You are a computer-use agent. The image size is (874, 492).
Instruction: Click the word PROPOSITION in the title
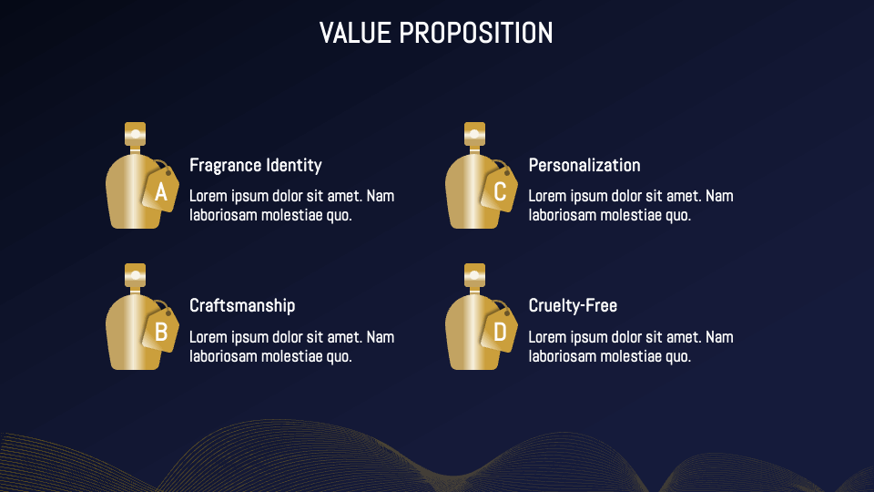476,34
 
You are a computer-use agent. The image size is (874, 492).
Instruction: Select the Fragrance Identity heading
255,165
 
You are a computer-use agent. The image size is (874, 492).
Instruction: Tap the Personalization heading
584,165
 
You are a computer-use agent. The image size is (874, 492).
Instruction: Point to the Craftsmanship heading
242,305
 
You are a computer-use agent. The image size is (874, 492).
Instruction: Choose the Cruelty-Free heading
573,305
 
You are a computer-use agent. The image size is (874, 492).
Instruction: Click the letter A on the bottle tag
161,192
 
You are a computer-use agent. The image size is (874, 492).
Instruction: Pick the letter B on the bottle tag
161,333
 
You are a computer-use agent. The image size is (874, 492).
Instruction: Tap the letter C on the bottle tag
500,192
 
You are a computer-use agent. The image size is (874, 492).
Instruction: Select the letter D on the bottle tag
500,333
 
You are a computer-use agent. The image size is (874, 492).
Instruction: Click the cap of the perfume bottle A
136,134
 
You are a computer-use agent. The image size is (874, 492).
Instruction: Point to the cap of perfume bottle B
136,274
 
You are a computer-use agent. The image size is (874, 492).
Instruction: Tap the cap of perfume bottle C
474,134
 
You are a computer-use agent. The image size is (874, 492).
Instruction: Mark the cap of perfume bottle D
474,274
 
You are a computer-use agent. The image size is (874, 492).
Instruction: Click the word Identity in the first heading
293,165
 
